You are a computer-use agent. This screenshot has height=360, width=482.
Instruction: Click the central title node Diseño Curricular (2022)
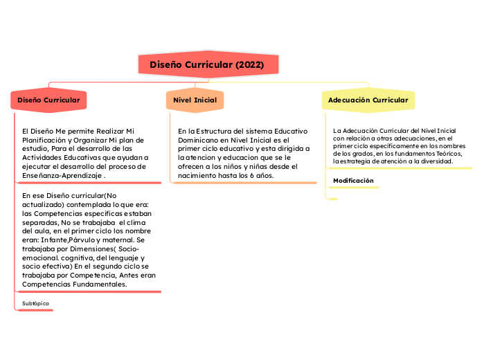pos(206,64)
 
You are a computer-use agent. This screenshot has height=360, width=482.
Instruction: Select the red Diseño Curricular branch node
pos(48,100)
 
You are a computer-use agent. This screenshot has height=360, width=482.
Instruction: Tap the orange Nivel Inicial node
pos(195,100)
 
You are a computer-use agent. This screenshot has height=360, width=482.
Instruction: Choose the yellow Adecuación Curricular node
pos(368,100)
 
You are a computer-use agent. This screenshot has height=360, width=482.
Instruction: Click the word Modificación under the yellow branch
pos(353,181)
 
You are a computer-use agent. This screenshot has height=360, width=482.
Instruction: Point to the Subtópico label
pos(36,304)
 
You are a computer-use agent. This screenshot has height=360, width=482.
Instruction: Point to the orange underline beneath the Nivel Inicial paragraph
pos(242,183)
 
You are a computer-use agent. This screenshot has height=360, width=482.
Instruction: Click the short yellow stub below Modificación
pos(332,199)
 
